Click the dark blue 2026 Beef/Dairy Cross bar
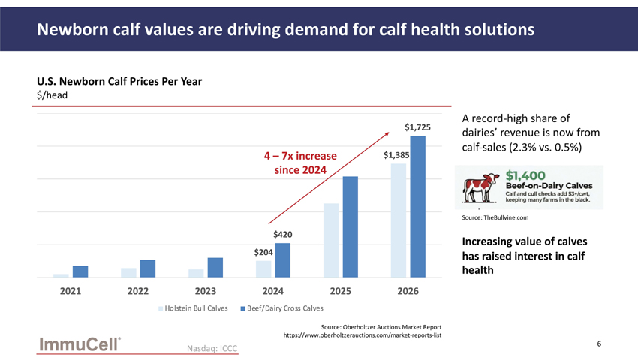pyautogui.click(x=417, y=207)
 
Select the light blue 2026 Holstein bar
pyautogui.click(x=399, y=220)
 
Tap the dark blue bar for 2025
pyautogui.click(x=351, y=227)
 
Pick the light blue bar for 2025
pyautogui.click(x=331, y=241)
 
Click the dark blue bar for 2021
pyautogui.click(x=80, y=271)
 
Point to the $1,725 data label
pyautogui.click(x=417, y=127)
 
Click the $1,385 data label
pyautogui.click(x=396, y=155)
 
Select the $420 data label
pyautogui.click(x=283, y=234)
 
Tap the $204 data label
pyautogui.click(x=263, y=252)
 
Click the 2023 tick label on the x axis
pyautogui.click(x=206, y=291)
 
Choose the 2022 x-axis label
pyautogui.click(x=138, y=291)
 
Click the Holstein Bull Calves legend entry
pyautogui.click(x=193, y=308)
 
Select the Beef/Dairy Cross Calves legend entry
pyautogui.click(x=282, y=308)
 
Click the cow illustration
pyautogui.click(x=480, y=188)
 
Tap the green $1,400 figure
pyautogui.click(x=525, y=175)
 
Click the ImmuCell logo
pyautogui.click(x=80, y=344)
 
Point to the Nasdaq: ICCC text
pyautogui.click(x=212, y=348)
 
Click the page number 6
pyautogui.click(x=599, y=343)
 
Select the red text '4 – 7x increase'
pyautogui.click(x=300, y=156)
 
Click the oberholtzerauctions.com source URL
pyautogui.click(x=363, y=335)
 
